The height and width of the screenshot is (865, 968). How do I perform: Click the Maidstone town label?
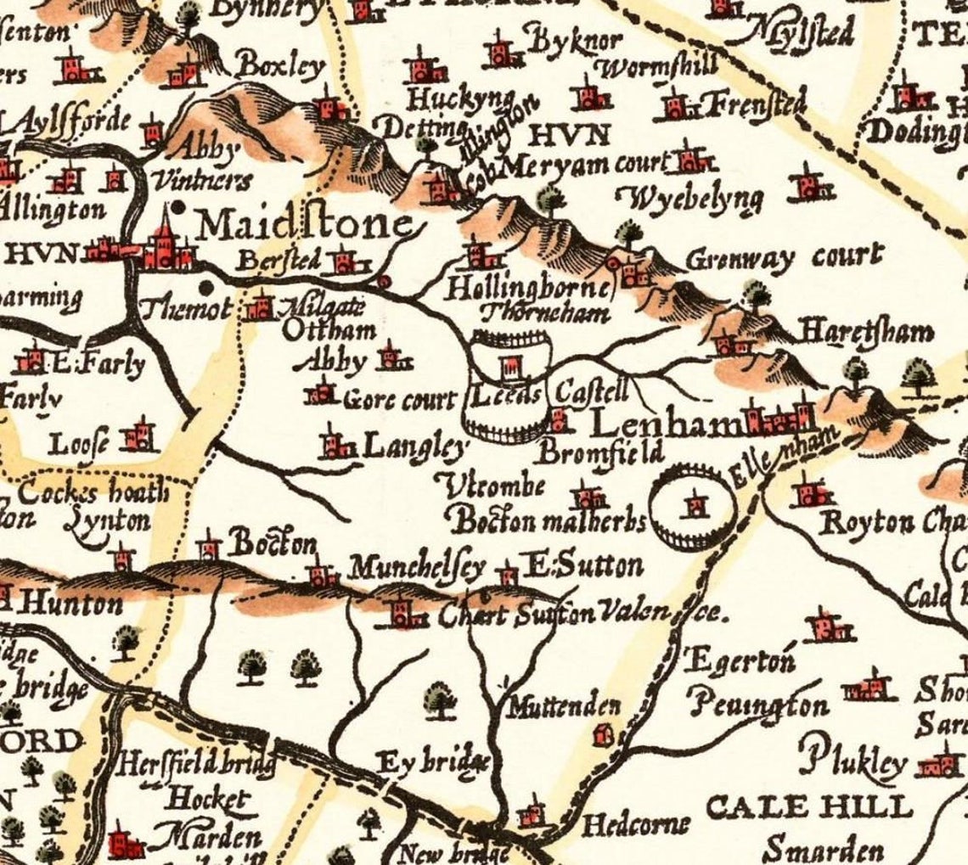pyautogui.click(x=306, y=226)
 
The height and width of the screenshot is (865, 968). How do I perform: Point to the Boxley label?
pyautogui.click(x=281, y=65)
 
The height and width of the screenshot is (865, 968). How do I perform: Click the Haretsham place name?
pyautogui.click(x=866, y=332)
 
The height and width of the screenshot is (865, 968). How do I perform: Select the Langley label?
pyautogui.click(x=414, y=446)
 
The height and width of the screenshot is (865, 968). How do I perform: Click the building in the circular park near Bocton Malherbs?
pyautogui.click(x=696, y=506)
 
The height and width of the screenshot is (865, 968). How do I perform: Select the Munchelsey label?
pyautogui.click(x=417, y=566)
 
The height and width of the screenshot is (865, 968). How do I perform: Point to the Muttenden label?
pyautogui.click(x=564, y=706)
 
